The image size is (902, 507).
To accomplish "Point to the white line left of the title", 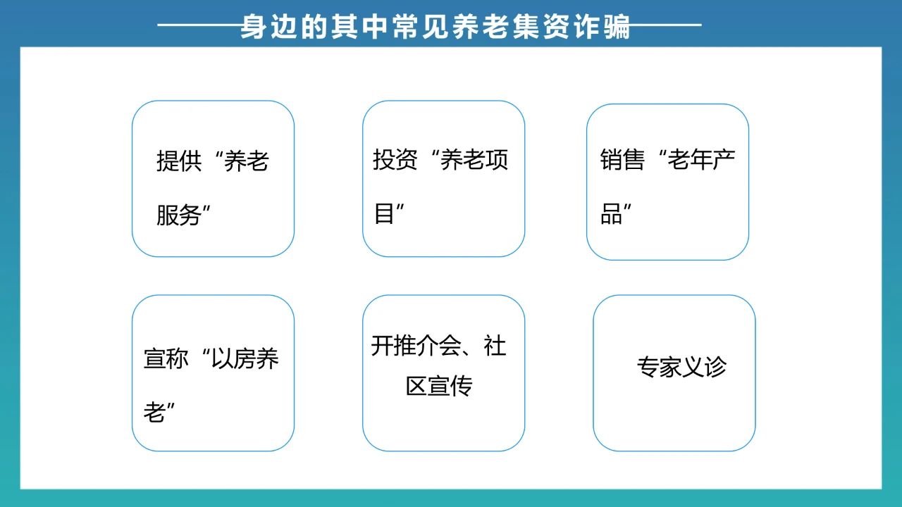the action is coord(199,25).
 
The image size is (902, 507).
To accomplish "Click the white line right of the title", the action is coord(666,25).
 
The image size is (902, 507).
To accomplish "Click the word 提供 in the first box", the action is coord(179,161).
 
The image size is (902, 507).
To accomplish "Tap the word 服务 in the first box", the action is coord(179,215).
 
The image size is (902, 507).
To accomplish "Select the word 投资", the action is coord(395,159).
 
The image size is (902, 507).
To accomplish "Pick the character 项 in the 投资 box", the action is coord(497,159).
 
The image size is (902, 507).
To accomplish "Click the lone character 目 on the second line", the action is coord(384,213).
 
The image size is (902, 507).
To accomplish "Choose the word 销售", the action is coord(622,159).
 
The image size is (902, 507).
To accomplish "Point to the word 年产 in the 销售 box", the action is coord(712,159).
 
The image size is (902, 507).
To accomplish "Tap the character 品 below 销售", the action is coord(611,213).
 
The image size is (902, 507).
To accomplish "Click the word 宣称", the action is coord(166,358).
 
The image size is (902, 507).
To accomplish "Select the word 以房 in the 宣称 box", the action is coord(233,358).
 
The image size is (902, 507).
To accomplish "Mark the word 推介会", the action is coord(427,346).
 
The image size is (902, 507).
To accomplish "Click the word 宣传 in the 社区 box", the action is coord(450,386).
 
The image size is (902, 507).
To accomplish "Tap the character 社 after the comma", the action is coord(495,346).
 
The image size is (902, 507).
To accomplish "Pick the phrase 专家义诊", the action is coord(681,367).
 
